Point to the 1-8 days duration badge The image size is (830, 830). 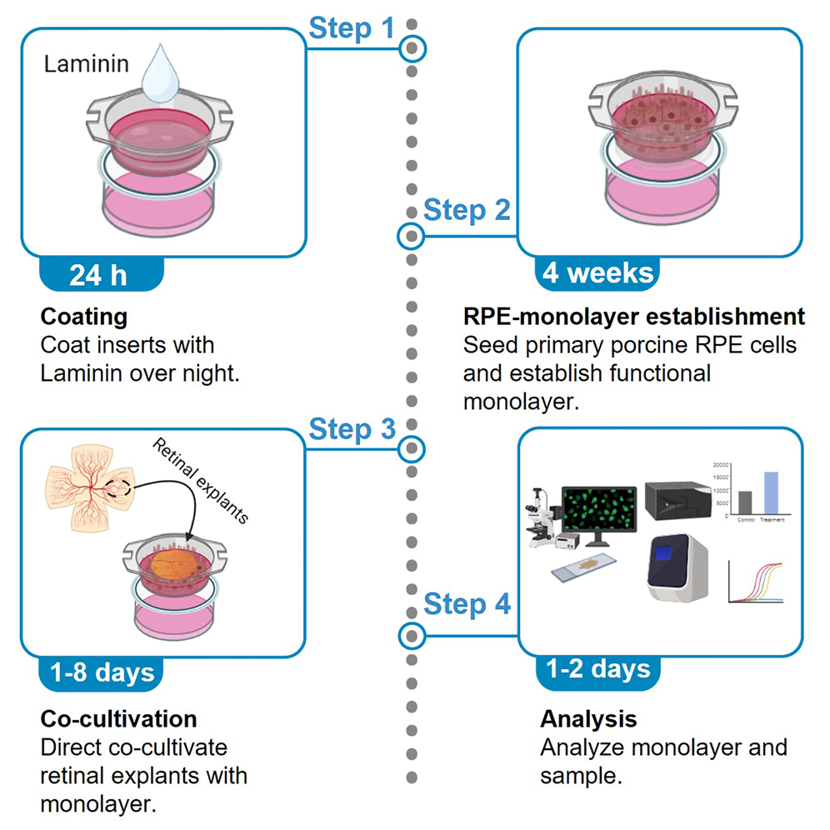(x=99, y=672)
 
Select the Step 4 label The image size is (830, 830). (x=467, y=603)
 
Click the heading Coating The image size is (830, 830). (x=83, y=317)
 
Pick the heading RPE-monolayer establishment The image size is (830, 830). (x=633, y=317)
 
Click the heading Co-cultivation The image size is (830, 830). (x=118, y=718)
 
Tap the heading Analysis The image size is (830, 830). (x=588, y=718)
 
